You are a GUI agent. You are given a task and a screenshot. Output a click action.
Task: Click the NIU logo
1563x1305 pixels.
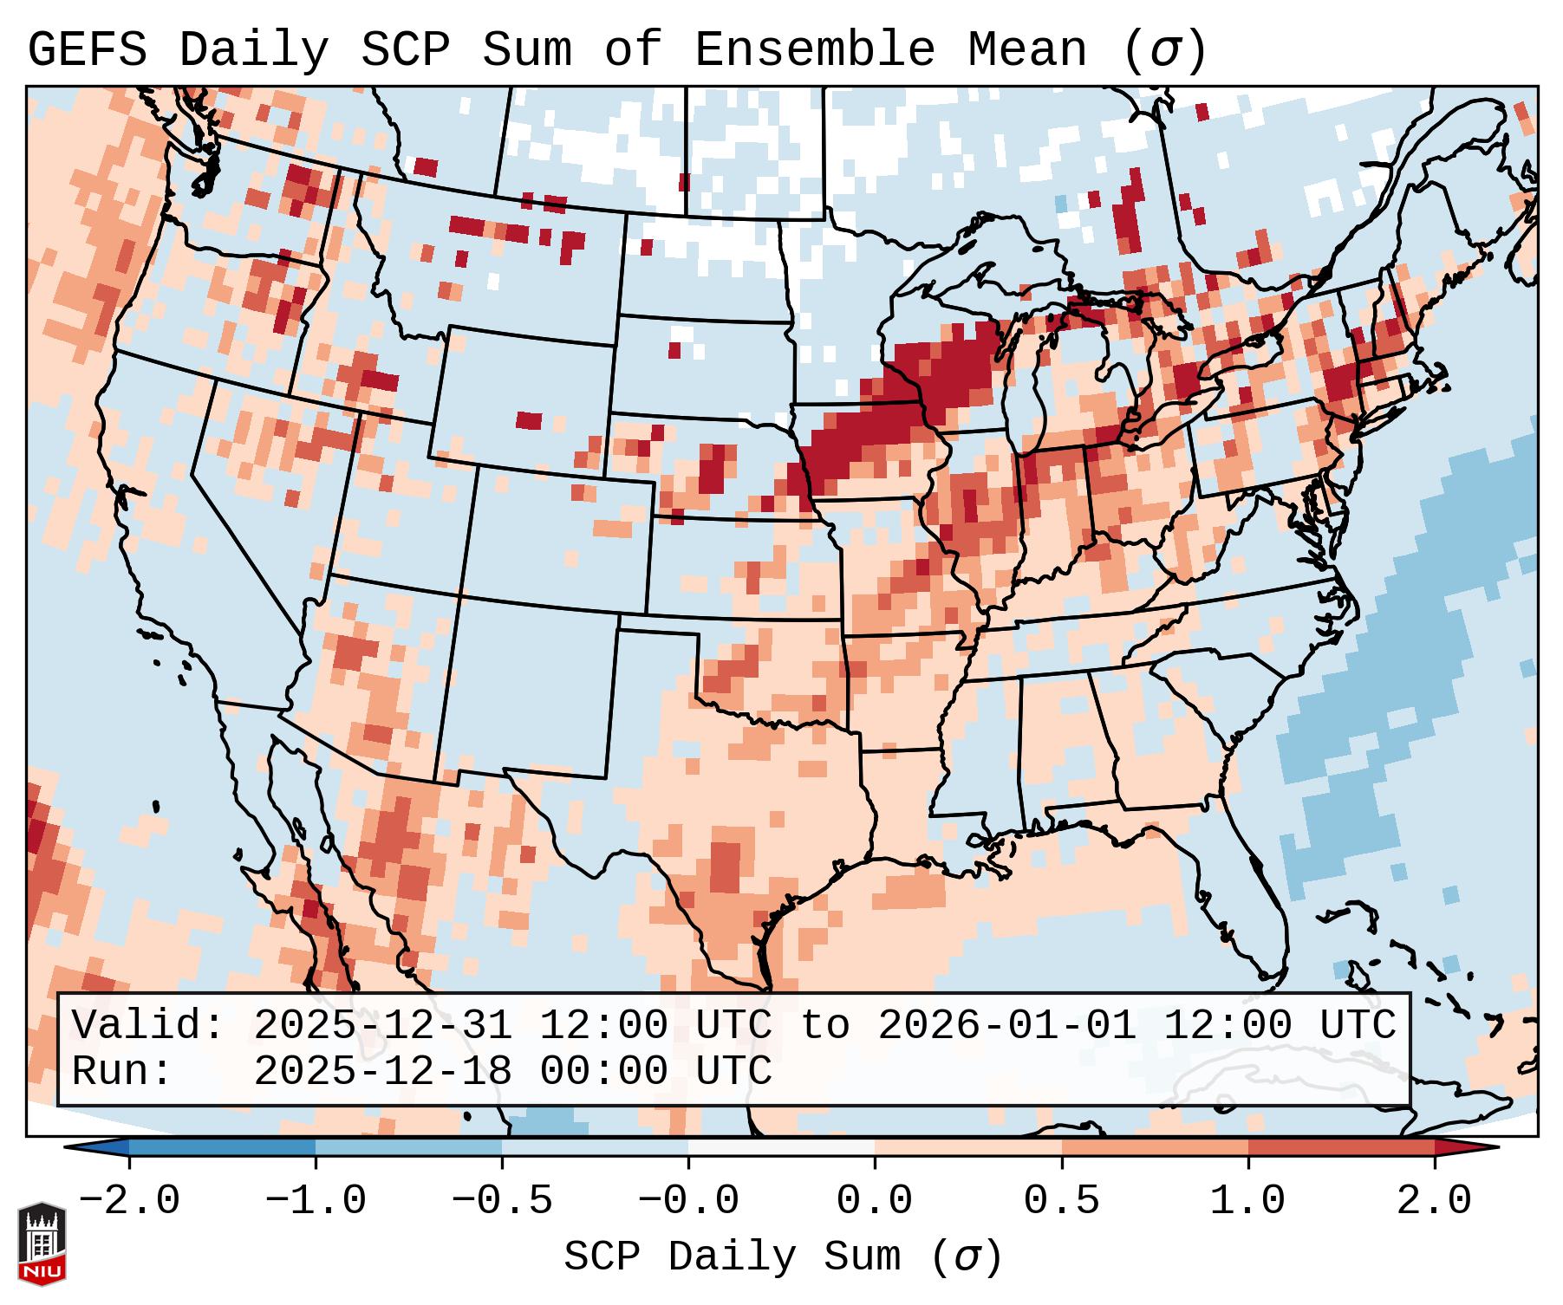coord(41,1243)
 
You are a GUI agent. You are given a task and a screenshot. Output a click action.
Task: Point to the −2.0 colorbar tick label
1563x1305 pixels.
coord(129,1201)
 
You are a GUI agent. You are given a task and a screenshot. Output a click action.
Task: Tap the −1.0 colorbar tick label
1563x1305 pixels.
coord(316,1201)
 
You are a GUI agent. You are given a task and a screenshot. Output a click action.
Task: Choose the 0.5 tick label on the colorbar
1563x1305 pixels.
coord(1061,1201)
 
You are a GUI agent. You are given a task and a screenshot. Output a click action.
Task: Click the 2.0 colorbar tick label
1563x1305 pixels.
coord(1434,1201)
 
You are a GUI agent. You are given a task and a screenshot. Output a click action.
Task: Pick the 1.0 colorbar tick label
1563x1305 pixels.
coord(1247,1201)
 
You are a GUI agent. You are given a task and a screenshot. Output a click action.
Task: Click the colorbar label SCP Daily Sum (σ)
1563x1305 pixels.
coord(782,1257)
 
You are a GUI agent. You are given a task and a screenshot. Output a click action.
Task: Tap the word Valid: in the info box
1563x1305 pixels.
coord(148,1025)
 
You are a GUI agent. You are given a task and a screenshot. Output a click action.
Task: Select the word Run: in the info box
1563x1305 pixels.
coord(122,1071)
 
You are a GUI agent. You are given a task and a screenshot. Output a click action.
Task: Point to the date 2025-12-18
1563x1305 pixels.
coord(383,1071)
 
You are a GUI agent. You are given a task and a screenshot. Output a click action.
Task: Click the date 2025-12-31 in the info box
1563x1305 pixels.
coord(383,1025)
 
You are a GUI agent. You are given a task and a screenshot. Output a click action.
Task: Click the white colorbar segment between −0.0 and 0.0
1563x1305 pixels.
coord(781,1147)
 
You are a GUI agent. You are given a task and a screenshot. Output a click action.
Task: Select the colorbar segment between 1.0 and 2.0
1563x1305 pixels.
coord(1340,1147)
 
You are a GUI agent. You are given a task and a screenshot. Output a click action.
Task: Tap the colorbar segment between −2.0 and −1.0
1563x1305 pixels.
coord(222,1147)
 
